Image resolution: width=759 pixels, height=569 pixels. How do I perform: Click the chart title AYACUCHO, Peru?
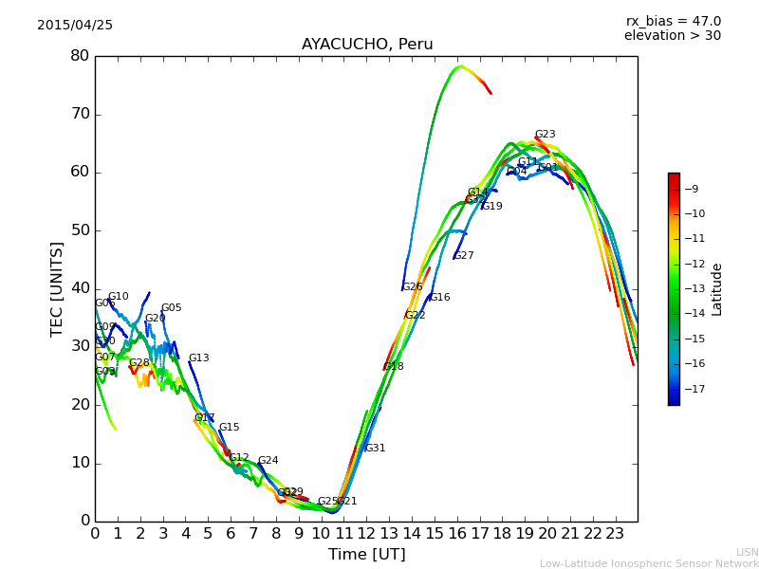[367, 45]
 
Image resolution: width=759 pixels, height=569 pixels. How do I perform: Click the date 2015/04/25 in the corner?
[75, 26]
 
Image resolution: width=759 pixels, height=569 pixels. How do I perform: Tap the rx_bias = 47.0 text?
[673, 22]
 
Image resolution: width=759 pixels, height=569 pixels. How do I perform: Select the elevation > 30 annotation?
[673, 36]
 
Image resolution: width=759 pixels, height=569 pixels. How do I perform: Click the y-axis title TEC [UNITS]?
[58, 288]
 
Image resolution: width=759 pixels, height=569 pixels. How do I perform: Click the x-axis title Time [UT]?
[367, 555]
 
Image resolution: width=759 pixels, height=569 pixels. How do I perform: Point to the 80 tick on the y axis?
[80, 56]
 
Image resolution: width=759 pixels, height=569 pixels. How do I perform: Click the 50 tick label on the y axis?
[80, 230]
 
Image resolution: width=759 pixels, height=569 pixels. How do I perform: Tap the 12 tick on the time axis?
[366, 533]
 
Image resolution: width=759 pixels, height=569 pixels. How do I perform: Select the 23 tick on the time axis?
[615, 533]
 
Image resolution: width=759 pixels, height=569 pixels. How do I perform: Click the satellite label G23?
[545, 135]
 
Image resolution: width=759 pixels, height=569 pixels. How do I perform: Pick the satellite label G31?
[375, 449]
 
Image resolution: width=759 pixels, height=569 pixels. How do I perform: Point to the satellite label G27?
[463, 256]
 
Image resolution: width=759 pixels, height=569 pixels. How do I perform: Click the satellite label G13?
[198, 358]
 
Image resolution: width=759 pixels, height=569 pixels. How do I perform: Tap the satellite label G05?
[171, 308]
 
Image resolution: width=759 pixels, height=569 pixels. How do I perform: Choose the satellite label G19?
[491, 207]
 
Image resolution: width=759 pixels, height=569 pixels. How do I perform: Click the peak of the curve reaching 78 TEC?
[460, 66]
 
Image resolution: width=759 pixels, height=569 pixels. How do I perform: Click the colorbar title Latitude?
[717, 289]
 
